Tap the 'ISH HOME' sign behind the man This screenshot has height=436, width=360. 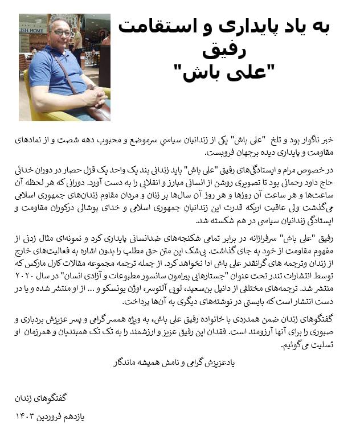pyautogui.click(x=32, y=30)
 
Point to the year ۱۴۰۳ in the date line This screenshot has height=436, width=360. pyautogui.click(x=27, y=417)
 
